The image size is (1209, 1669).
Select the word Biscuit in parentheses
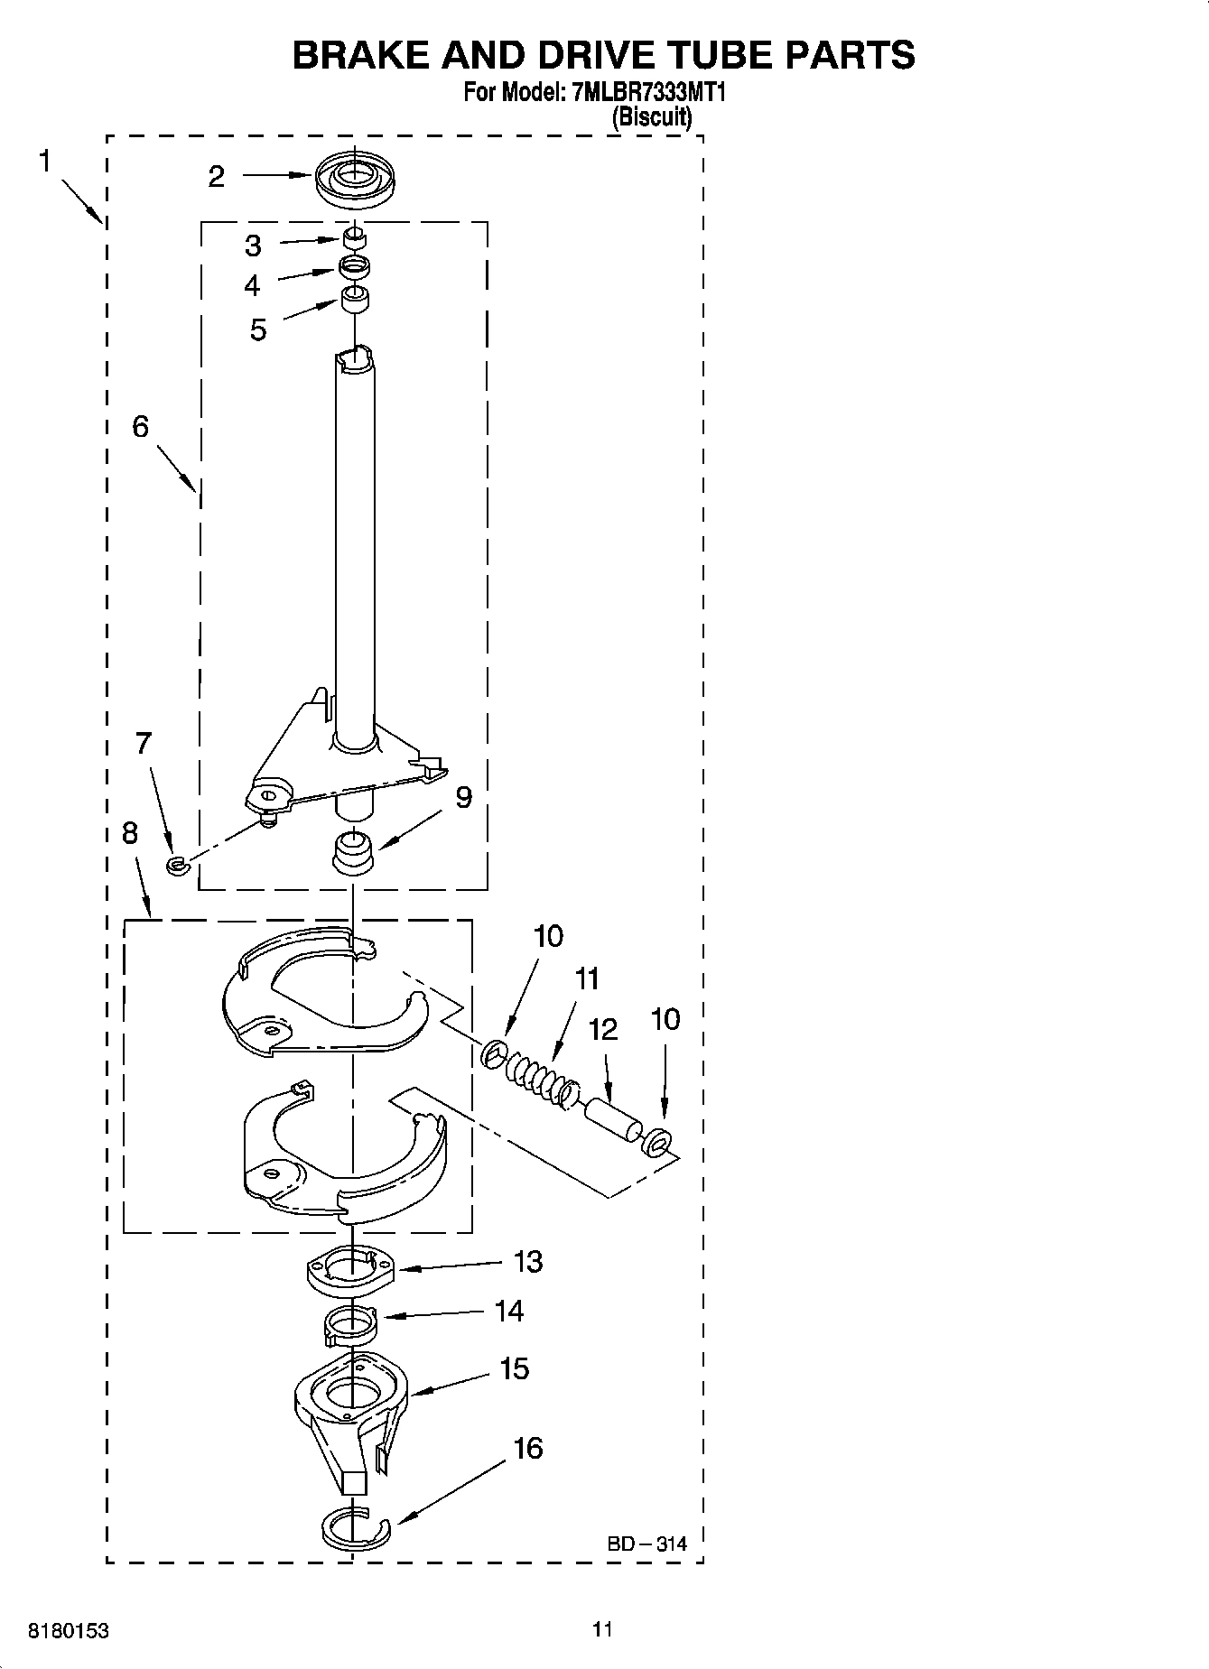652,116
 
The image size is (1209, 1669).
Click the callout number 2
216,176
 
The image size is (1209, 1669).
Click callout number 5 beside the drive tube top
258,330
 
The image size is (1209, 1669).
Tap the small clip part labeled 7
175,867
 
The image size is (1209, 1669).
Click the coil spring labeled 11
538,1080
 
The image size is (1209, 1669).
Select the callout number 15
514,1368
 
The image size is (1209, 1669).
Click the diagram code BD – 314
646,1544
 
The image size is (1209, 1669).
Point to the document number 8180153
70,1631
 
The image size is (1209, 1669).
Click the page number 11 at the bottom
602,1629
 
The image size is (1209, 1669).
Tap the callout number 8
130,833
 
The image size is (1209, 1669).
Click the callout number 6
140,426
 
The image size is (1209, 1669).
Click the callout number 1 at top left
45,162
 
